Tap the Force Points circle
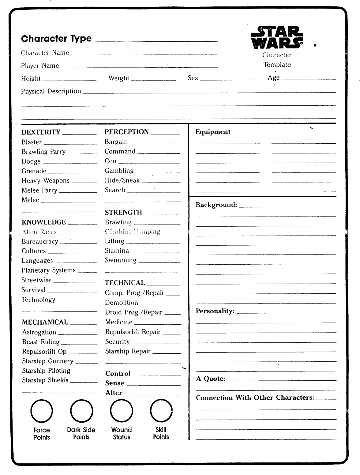click(42, 411)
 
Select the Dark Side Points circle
click(81, 411)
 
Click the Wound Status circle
click(122, 411)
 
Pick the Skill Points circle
click(161, 411)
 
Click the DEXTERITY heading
click(41, 132)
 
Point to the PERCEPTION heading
click(126, 132)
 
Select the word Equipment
click(213, 132)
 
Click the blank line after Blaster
click(70, 144)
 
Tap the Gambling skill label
click(119, 171)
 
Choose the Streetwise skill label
click(36, 280)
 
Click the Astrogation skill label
click(39, 332)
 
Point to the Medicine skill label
click(119, 322)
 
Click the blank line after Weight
click(154, 80)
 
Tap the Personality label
click(215, 311)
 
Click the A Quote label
click(210, 379)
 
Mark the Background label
click(216, 205)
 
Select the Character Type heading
click(56, 39)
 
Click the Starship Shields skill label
click(45, 380)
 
